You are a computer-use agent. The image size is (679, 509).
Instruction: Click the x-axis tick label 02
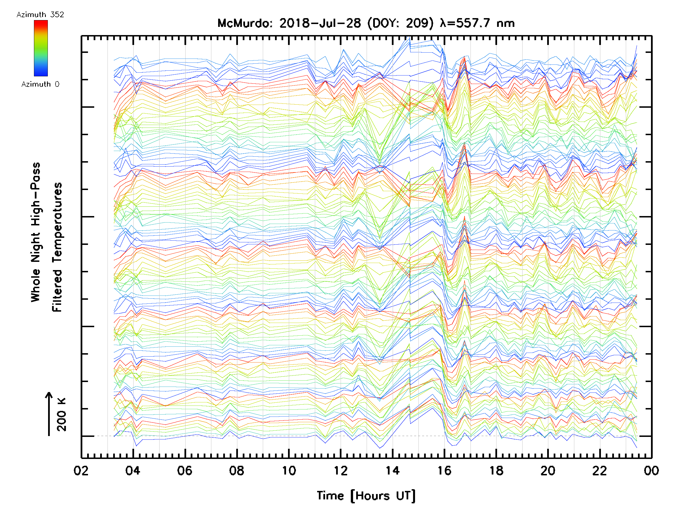click(x=81, y=471)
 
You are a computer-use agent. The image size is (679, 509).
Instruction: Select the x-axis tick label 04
click(x=133, y=471)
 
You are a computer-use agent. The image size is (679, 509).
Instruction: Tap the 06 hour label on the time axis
click(x=185, y=471)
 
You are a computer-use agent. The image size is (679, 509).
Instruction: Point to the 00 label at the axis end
click(x=651, y=471)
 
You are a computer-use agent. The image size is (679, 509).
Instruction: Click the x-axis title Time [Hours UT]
click(x=366, y=496)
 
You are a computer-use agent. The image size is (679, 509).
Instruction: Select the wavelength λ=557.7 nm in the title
click(x=477, y=23)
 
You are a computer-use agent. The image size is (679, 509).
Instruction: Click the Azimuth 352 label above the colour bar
click(x=40, y=15)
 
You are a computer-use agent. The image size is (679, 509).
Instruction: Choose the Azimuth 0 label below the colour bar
click(x=40, y=84)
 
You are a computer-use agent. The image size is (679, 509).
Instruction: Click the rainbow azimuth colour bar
click(x=41, y=48)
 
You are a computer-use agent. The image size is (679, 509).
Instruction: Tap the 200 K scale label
click(x=62, y=415)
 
